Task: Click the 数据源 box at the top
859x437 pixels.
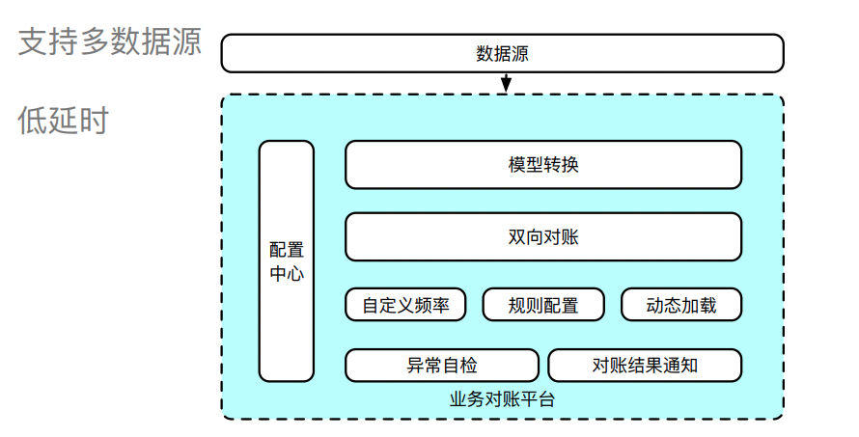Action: (x=502, y=53)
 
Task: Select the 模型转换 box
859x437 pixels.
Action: (x=543, y=165)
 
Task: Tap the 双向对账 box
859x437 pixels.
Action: (x=543, y=237)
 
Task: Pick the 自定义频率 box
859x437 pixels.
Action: (x=405, y=306)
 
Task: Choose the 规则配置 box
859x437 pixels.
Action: (x=543, y=306)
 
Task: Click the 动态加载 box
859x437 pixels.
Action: (x=681, y=306)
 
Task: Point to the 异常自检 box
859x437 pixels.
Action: (x=442, y=366)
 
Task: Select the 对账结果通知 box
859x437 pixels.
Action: (x=645, y=366)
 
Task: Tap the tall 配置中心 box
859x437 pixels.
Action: (x=287, y=260)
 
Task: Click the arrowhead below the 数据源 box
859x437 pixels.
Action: (x=504, y=88)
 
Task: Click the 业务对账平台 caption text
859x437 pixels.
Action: (x=502, y=398)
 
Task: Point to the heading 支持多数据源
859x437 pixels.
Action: (x=110, y=43)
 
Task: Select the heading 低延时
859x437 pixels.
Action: (x=64, y=122)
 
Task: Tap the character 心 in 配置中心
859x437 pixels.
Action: (x=295, y=274)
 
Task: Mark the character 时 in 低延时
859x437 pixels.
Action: (x=95, y=122)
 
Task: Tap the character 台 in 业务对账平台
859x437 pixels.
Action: (x=547, y=398)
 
